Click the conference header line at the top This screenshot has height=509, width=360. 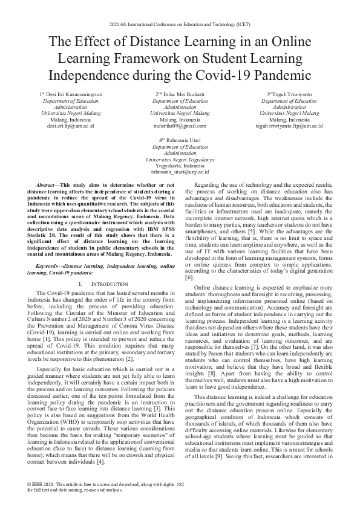pos(180,24)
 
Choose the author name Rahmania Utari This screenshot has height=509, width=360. pos(182,141)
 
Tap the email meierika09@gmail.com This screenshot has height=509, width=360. pos(180,126)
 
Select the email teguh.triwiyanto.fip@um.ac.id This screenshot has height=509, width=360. pos(289,126)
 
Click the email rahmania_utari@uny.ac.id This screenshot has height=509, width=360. pos(180,171)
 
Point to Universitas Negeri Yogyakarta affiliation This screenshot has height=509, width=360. pos(180,159)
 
